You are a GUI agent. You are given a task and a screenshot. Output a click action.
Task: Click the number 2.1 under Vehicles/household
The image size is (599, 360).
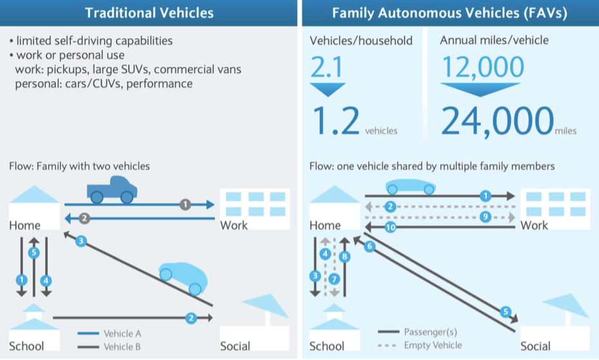coord(327,67)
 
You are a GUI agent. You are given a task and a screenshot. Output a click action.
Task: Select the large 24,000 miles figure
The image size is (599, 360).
coord(497,121)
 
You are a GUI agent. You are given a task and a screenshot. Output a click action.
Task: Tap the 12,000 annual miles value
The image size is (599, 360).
coord(483,67)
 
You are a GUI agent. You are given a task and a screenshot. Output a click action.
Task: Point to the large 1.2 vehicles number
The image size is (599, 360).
coord(336,121)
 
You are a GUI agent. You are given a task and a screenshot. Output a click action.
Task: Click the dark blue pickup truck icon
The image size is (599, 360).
coord(112,189)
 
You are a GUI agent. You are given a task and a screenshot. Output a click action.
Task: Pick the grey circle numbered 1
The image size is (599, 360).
coord(185,205)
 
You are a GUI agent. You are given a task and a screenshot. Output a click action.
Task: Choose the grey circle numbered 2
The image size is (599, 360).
coord(84,219)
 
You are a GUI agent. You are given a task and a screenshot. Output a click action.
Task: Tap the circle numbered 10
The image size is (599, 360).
coord(391,227)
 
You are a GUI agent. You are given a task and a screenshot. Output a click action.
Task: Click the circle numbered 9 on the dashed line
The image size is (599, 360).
coord(485,217)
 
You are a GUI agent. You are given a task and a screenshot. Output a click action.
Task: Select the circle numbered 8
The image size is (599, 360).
coord(344,256)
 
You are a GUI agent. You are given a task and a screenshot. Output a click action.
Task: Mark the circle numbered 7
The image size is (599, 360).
coord(334,279)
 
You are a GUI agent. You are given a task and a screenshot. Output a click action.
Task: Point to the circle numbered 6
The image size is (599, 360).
coord(369,246)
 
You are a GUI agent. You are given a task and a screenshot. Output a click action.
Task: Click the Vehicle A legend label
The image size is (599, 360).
coord(123,334)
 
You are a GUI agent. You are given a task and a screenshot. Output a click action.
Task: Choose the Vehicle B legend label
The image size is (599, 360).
coord(123,346)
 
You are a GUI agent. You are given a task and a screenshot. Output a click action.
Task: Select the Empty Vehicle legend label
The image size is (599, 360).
coord(433,345)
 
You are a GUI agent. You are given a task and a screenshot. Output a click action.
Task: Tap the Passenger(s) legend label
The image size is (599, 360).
coord(431,332)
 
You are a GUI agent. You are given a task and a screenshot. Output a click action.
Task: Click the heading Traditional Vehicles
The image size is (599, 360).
coord(149,13)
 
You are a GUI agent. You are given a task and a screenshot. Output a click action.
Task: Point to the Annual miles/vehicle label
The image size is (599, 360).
coord(494,40)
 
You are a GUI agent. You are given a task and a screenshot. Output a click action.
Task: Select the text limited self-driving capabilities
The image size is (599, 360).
coord(94,41)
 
